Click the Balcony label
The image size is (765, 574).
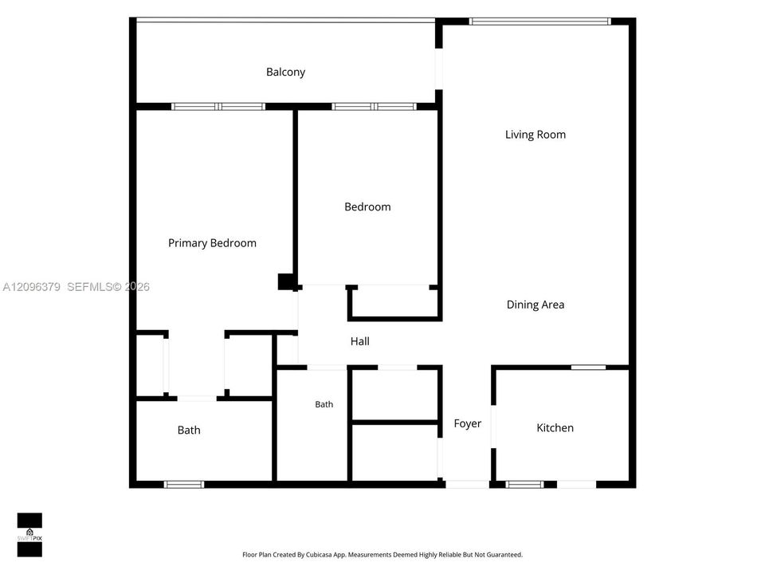[x=285, y=73]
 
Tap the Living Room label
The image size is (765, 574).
[x=535, y=135]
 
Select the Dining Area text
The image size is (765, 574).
[x=535, y=305]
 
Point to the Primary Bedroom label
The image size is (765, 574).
[x=212, y=243]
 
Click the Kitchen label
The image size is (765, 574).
[x=555, y=428]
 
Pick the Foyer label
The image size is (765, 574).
[x=468, y=423]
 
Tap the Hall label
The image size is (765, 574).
[x=359, y=342]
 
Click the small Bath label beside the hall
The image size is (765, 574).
[x=324, y=405]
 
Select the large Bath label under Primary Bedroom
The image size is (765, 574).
[x=189, y=430]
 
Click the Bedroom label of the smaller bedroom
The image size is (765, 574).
[x=367, y=207]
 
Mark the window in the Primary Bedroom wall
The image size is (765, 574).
[x=218, y=106]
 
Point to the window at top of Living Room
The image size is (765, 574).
[x=540, y=22]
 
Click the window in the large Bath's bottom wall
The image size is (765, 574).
[x=184, y=484]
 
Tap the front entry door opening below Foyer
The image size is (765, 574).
[x=467, y=484]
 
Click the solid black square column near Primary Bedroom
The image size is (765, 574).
[x=286, y=281]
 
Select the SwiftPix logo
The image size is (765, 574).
[x=29, y=535]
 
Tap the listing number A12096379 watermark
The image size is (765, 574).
[x=32, y=287]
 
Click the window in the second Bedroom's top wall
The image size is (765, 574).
[x=375, y=106]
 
